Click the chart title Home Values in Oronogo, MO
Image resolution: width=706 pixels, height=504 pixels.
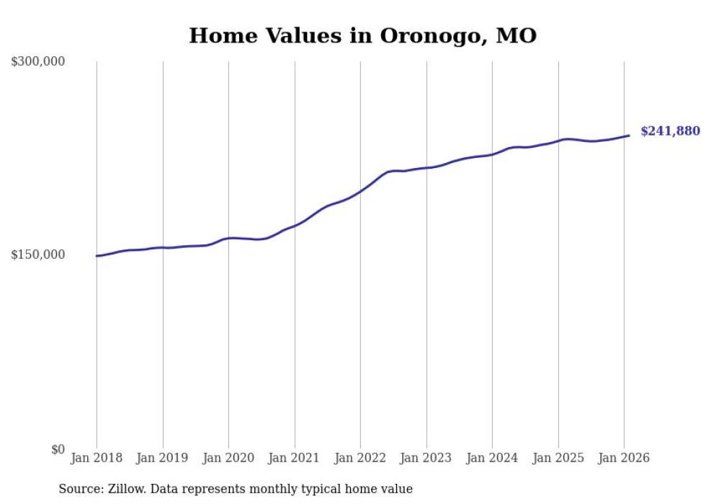point(362,36)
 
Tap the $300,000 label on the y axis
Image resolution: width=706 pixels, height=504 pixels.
point(38,61)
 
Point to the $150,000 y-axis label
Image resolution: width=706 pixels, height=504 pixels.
point(38,255)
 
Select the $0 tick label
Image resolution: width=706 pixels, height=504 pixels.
point(58,449)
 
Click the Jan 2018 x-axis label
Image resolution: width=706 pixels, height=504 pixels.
point(97,458)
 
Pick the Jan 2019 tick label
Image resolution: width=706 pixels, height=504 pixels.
point(163,458)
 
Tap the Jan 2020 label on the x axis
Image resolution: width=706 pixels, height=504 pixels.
point(228,458)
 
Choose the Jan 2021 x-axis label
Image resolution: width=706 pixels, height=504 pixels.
point(295,458)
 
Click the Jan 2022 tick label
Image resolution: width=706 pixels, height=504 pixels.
point(360,458)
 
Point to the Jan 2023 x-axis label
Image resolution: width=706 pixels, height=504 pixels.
point(426,458)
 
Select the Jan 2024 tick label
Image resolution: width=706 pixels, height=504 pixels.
point(492,458)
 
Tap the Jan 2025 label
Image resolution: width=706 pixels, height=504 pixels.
point(558,458)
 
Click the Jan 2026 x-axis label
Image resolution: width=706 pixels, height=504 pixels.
point(624,458)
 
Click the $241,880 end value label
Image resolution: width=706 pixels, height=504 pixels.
point(670,131)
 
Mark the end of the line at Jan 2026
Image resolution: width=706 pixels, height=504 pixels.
point(629,136)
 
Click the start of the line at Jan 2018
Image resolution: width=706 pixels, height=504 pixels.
point(97,256)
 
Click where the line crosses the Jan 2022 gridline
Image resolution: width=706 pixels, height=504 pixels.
point(360,191)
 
